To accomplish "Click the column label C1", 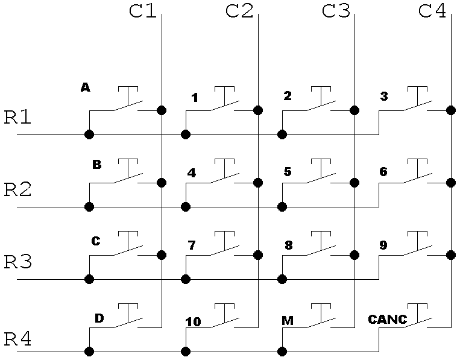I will (x=143, y=11).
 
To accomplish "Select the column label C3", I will (x=336, y=11).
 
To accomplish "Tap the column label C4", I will (x=432, y=11).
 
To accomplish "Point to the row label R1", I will (x=17, y=117).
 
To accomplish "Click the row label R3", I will (x=17, y=262).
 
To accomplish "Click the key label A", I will (x=85, y=88).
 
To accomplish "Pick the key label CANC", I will (x=388, y=319).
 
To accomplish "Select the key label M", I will (x=288, y=320).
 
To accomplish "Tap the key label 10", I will (x=193, y=322).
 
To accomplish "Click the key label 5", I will (x=287, y=172).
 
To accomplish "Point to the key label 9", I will (x=383, y=245).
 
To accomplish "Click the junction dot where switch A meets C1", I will (x=162, y=110).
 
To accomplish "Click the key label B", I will (x=96, y=164).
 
